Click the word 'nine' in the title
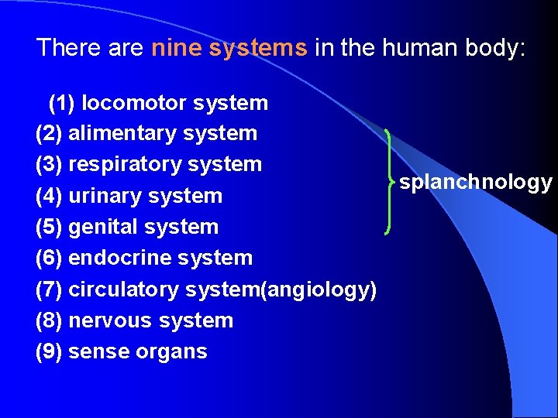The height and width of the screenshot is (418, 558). pos(174,48)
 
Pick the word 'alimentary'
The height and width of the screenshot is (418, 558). pos(124,133)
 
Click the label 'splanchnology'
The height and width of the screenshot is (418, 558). pos(475,183)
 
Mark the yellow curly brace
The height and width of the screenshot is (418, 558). pos(387,181)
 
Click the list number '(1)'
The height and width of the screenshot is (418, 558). pos(63,103)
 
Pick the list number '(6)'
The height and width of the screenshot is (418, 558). pos(50,258)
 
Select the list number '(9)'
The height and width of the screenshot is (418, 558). pos(50,351)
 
